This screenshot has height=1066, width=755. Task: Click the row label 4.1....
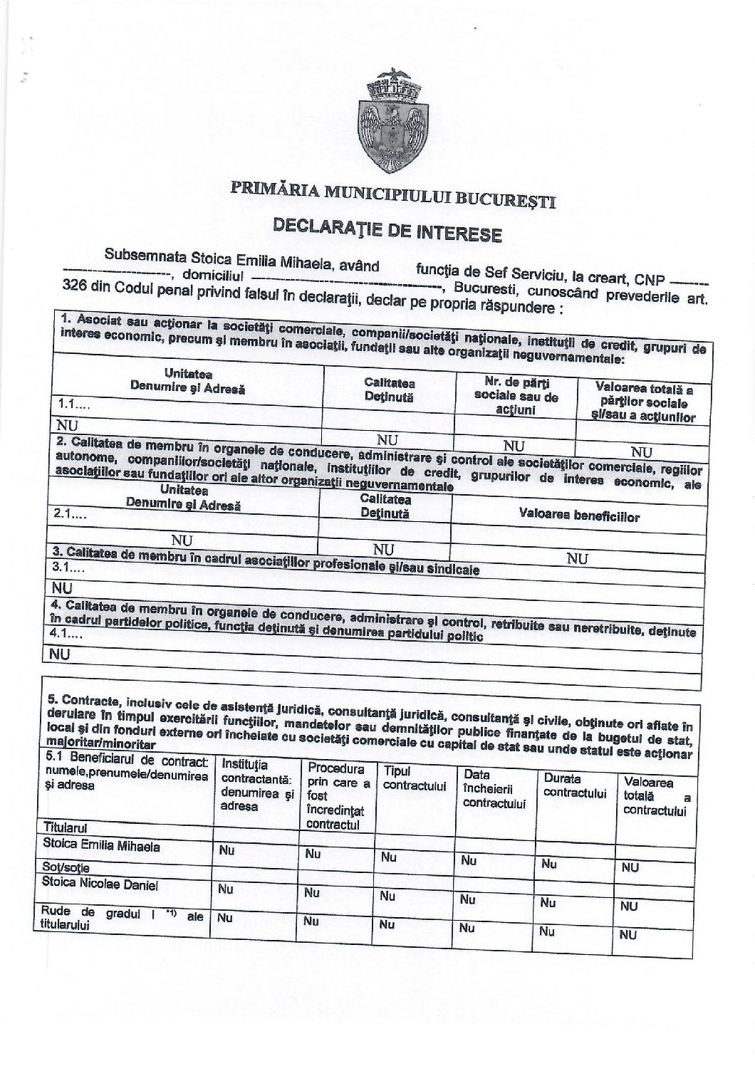pos(66,633)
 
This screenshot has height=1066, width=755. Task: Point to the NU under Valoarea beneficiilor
pos(577,560)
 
